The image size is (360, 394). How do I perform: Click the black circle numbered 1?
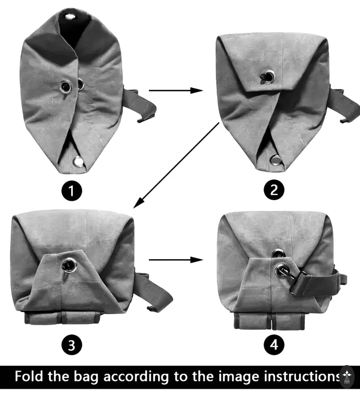tap(72, 191)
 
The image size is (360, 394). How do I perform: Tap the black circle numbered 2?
tap(274, 190)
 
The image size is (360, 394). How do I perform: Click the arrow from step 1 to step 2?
tap(176, 91)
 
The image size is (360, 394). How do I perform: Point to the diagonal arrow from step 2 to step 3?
tap(176, 165)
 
